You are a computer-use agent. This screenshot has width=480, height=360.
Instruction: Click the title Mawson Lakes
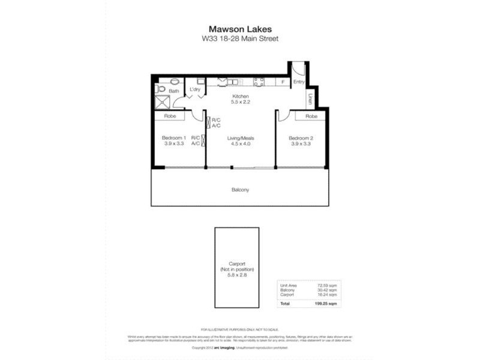(239, 28)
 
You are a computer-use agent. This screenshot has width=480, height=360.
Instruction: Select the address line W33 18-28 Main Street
(239, 39)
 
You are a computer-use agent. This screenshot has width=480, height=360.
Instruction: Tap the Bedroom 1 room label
(173, 138)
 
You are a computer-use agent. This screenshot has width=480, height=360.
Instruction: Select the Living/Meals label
(239, 138)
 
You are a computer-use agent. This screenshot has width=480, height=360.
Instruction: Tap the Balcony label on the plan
(239, 190)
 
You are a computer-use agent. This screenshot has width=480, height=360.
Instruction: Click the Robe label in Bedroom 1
(170, 116)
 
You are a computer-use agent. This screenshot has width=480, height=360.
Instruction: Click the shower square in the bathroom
(161, 101)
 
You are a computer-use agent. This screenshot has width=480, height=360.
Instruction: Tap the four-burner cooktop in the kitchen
(259, 82)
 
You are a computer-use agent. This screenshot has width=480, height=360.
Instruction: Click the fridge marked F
(283, 82)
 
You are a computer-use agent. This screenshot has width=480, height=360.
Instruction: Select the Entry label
(299, 82)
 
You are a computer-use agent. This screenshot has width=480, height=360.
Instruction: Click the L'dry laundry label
(195, 91)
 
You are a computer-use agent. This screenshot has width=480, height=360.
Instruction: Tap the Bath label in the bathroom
(173, 91)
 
